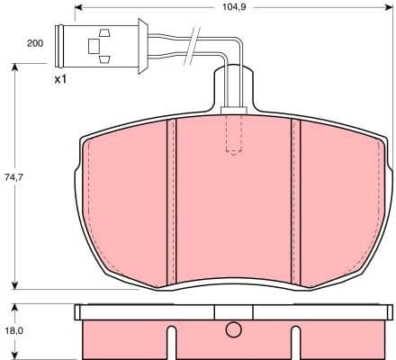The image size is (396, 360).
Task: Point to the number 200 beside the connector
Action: click(35, 43)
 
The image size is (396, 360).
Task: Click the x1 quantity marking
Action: click(61, 79)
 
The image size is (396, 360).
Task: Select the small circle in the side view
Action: click(233, 329)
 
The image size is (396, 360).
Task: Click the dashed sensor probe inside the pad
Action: click(233, 133)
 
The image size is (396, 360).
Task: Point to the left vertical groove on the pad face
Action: click(172, 198)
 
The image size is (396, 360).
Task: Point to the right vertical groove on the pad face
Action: click(295, 198)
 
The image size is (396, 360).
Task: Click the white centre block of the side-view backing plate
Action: click(233, 312)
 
